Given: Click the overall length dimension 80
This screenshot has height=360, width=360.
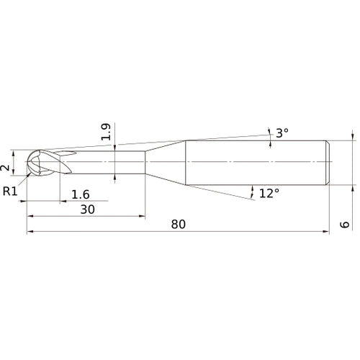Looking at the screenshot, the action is (179, 224).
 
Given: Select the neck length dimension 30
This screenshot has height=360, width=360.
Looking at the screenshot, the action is (87, 210).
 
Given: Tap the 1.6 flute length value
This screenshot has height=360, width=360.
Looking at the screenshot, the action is (81, 194).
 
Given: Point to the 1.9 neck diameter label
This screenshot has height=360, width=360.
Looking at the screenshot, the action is (106, 132).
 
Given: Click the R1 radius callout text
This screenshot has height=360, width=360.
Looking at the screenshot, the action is (10, 192).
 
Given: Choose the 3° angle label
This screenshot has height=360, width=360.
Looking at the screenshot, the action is (282, 133).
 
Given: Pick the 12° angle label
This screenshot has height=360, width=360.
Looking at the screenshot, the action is (269, 193).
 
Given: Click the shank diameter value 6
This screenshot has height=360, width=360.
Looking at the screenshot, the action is (345, 225).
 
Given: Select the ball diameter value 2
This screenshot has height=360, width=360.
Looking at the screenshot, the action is (5, 168).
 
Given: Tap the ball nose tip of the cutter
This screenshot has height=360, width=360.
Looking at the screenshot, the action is (27, 162).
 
